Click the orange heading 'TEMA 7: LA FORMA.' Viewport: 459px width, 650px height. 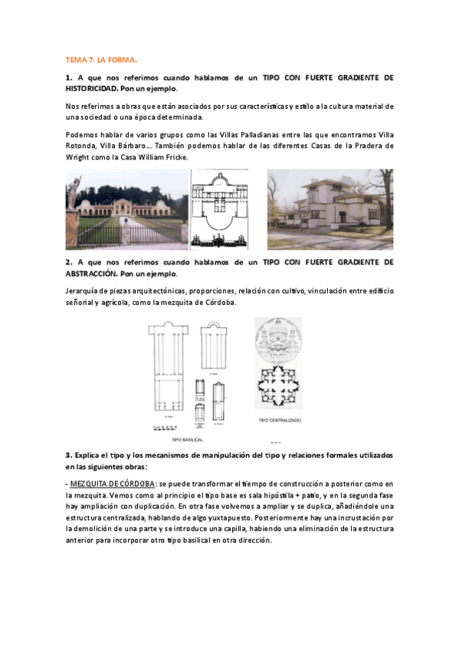click(x=100, y=59)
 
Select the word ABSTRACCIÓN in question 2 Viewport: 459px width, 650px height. click(x=96, y=273)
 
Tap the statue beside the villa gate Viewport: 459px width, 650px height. click(x=74, y=188)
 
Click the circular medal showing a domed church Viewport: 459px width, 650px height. click(x=278, y=339)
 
